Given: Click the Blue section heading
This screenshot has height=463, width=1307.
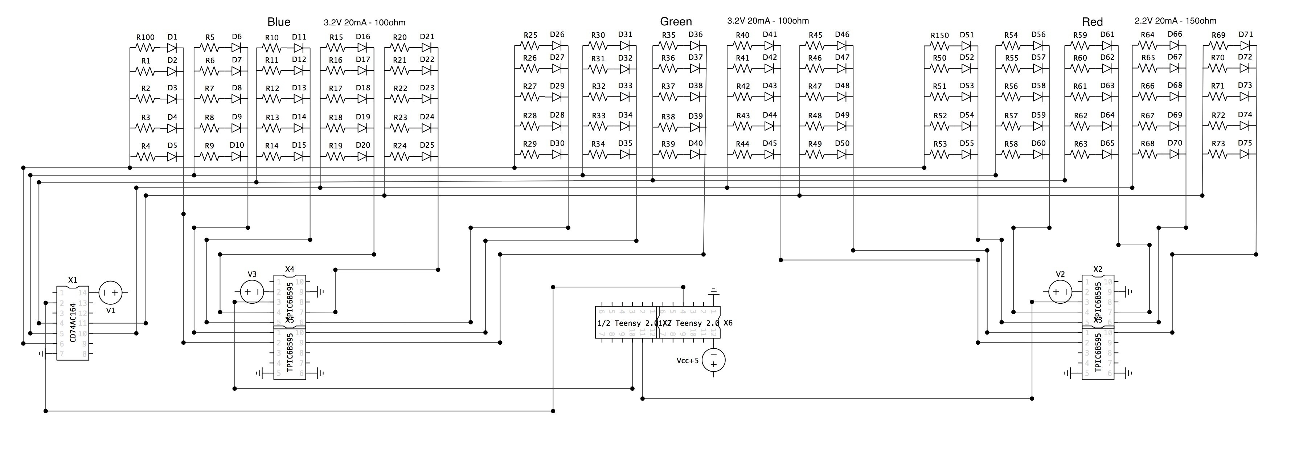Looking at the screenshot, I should [x=279, y=22].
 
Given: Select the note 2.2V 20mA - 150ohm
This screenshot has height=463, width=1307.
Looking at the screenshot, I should [x=1175, y=21].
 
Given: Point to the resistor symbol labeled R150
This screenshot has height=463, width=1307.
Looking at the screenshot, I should [x=940, y=46].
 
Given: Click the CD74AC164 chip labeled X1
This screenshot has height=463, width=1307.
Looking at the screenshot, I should [x=73, y=323].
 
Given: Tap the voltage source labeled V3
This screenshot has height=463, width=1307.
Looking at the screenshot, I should [x=252, y=292].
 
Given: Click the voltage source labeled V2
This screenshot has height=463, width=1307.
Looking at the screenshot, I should [x=1060, y=292].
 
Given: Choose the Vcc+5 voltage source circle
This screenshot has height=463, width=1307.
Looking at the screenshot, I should [x=713, y=360].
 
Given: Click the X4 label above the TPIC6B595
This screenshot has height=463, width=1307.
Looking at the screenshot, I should [x=290, y=269].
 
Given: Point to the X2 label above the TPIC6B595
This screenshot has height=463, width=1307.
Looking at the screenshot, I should [x=1098, y=269].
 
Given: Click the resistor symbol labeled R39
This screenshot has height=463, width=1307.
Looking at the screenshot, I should [x=668, y=155].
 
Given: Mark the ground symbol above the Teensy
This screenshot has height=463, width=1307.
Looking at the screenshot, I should [x=713, y=292].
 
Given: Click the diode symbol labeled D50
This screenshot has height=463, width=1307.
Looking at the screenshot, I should [x=842, y=154].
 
